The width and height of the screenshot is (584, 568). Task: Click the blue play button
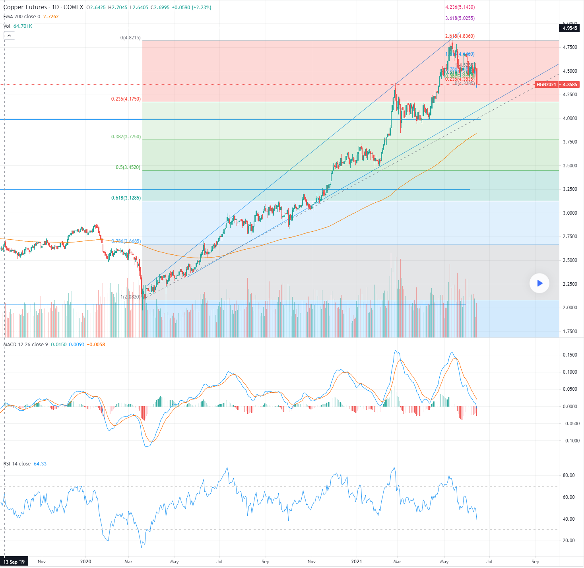[x=539, y=283]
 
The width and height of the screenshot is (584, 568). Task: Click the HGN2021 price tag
[x=546, y=85]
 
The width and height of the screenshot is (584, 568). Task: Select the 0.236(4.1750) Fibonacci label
[x=126, y=99]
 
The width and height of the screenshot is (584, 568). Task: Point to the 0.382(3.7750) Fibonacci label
[x=126, y=137]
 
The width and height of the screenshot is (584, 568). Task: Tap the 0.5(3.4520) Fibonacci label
[x=128, y=167]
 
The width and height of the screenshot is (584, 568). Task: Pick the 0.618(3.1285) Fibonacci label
[x=126, y=198]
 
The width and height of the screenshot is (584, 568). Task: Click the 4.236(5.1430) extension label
[x=460, y=7]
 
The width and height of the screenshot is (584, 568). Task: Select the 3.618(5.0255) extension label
[x=460, y=18]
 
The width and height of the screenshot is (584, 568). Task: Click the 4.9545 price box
[x=570, y=28]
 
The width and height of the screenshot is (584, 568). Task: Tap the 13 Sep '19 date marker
[x=14, y=562]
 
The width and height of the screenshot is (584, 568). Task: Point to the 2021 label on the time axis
[x=357, y=562]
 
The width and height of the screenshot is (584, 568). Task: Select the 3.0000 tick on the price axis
[x=570, y=213]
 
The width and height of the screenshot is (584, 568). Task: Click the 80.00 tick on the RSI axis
[x=569, y=475]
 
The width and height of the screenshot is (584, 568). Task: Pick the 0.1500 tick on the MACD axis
[x=570, y=355]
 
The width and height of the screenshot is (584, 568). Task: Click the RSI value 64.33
[x=40, y=464]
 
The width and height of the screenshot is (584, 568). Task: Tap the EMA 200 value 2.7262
[x=51, y=17]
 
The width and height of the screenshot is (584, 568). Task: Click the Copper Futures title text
[x=25, y=7]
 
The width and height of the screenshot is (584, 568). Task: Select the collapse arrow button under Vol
[x=9, y=36]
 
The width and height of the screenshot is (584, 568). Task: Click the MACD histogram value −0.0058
[x=96, y=345]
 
